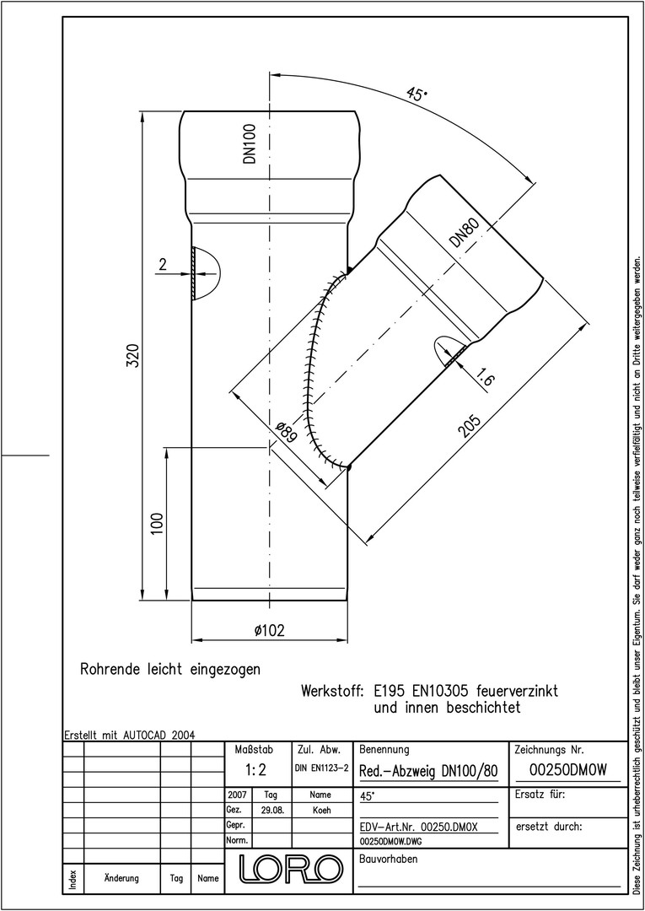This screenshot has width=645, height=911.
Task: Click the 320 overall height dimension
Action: pyautogui.click(x=132, y=355)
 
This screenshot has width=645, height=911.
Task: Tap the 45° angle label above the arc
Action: pyautogui.click(x=417, y=94)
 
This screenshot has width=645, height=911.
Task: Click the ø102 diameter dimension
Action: pyautogui.click(x=270, y=630)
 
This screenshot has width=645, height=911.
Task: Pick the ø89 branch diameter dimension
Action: pyautogui.click(x=286, y=432)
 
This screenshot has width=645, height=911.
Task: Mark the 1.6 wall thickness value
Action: pyautogui.click(x=484, y=378)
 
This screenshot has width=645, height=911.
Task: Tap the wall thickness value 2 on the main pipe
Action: pyautogui.click(x=163, y=266)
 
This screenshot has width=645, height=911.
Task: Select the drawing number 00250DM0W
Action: pyautogui.click(x=568, y=770)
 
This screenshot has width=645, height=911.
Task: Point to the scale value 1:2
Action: pyautogui.click(x=255, y=770)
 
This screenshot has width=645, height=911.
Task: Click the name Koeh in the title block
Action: pyautogui.click(x=320, y=810)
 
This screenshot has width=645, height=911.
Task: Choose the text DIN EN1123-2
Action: pyautogui.click(x=321, y=768)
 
